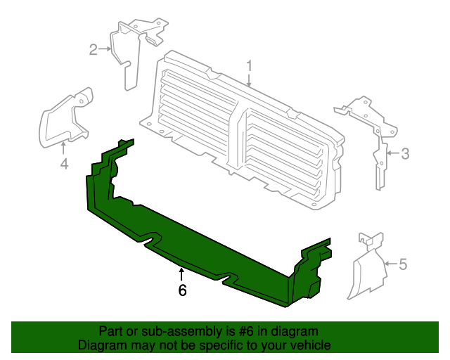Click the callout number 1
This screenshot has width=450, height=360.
pos(249,66)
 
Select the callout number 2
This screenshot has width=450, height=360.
pos(93,50)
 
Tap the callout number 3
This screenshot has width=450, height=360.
pos(405,153)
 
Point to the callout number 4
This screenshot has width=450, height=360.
pos(64,165)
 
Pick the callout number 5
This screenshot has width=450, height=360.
pos(403,264)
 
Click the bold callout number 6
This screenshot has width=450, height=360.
pos(183,290)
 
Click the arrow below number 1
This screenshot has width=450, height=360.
pos(249,80)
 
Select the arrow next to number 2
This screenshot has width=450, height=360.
pos(105,49)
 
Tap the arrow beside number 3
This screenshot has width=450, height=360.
pos(393,153)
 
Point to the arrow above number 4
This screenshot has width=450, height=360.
pos(63,148)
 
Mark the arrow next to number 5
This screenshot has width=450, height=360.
pos(391,264)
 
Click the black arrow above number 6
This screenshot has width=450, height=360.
pos(181,274)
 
